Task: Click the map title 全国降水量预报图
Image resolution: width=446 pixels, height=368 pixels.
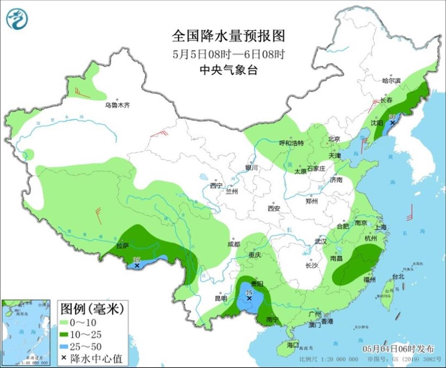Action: tap(228, 36)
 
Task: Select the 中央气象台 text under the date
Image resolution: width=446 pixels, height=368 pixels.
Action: tap(228, 70)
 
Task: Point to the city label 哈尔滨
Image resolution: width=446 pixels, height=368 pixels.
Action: tap(392, 80)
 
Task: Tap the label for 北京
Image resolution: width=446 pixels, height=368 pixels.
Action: tap(334, 139)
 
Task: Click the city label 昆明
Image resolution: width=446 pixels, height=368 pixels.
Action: tap(221, 298)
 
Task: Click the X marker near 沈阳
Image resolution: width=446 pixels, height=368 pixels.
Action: tap(392, 122)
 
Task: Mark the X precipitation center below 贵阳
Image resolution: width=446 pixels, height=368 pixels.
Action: tap(249, 298)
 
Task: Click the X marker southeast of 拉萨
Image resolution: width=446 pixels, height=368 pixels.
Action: tap(137, 266)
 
